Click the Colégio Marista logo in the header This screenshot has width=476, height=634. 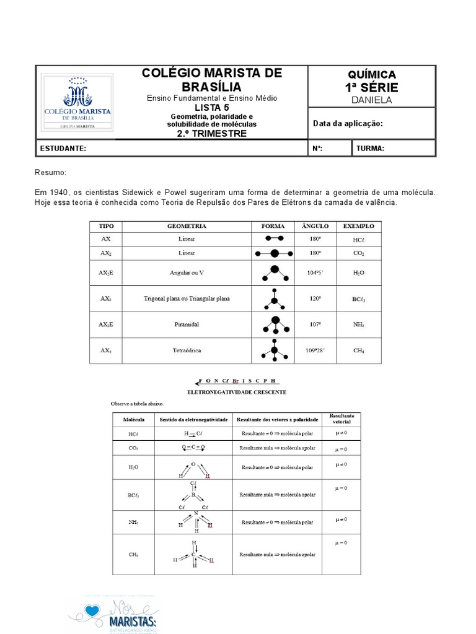(x=77, y=102)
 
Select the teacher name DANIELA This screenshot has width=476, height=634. (x=372, y=100)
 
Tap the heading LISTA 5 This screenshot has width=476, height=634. (x=212, y=107)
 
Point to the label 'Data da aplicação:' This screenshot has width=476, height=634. (x=348, y=123)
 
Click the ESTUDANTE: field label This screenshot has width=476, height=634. (x=63, y=149)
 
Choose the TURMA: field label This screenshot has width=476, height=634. (x=370, y=149)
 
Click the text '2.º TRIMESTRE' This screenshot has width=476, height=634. (x=212, y=133)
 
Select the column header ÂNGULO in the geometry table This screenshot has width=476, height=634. (x=315, y=226)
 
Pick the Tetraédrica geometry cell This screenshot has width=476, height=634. (x=187, y=350)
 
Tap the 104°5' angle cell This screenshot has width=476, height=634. (x=315, y=272)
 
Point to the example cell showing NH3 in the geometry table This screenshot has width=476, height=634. (x=358, y=324)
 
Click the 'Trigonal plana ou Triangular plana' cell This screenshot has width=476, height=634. (x=187, y=298)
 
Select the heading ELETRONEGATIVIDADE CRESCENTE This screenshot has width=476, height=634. (x=236, y=392)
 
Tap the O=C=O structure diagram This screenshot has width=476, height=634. (x=193, y=447)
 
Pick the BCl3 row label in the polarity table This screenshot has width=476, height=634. (x=134, y=495)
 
